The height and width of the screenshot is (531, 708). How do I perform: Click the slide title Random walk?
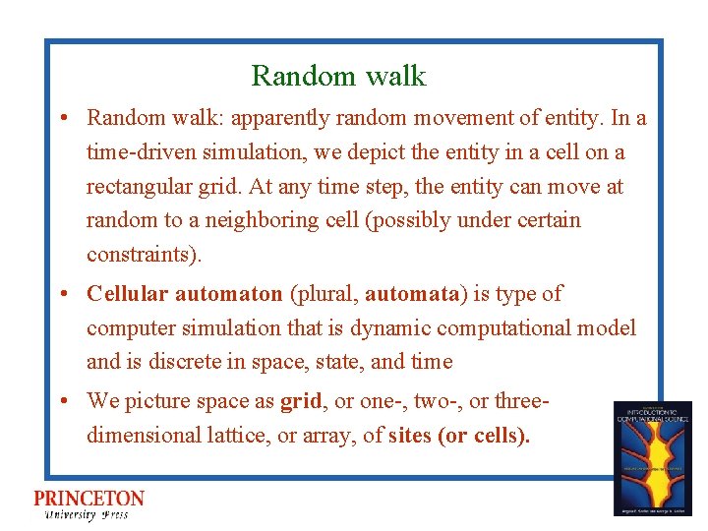pos(338,76)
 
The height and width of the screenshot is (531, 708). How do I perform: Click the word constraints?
pos(141,254)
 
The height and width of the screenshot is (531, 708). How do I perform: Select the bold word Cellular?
pos(124,293)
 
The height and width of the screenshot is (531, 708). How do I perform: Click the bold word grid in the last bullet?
pos(301,401)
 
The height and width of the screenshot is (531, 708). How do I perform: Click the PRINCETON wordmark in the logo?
pos(89,499)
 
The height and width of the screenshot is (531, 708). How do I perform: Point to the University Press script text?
pos(87,515)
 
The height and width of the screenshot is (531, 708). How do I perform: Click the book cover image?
pos(652,458)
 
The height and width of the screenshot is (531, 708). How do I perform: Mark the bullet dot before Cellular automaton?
pos(62,294)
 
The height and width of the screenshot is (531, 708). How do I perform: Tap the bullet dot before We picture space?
pos(62,401)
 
